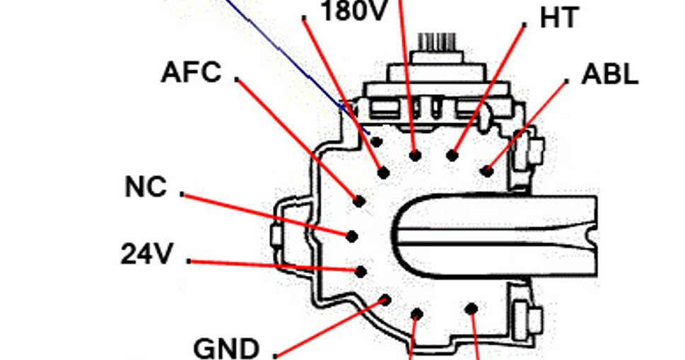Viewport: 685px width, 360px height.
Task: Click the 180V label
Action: [353, 11]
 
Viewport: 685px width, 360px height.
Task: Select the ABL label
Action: [609, 74]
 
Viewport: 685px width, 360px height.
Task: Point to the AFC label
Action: [191, 72]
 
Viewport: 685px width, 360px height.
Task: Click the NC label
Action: [146, 187]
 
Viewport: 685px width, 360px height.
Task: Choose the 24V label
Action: [146, 254]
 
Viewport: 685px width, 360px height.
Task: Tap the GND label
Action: [226, 348]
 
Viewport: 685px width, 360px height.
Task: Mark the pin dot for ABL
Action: [486, 170]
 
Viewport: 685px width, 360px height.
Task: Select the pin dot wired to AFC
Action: [359, 202]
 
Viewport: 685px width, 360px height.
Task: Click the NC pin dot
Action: [352, 236]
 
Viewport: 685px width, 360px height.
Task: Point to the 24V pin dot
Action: [361, 271]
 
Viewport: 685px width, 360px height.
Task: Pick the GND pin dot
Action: [385, 300]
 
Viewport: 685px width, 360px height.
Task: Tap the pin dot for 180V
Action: [384, 172]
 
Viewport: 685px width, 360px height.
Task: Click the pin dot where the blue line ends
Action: [376, 141]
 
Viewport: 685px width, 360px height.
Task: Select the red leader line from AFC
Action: [297, 138]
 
